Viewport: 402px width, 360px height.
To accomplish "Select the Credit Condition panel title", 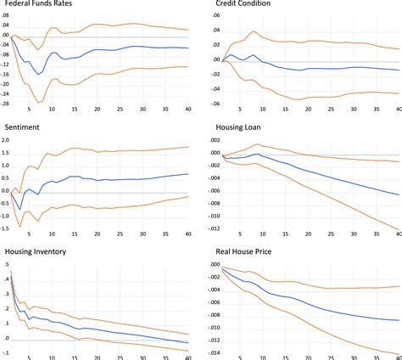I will (242, 4).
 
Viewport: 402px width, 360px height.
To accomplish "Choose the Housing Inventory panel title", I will (39, 251).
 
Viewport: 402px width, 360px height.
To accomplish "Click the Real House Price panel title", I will (243, 251).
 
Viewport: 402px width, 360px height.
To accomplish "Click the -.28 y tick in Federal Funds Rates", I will (9, 104).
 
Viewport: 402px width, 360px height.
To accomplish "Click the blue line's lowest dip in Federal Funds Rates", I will (39, 75).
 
